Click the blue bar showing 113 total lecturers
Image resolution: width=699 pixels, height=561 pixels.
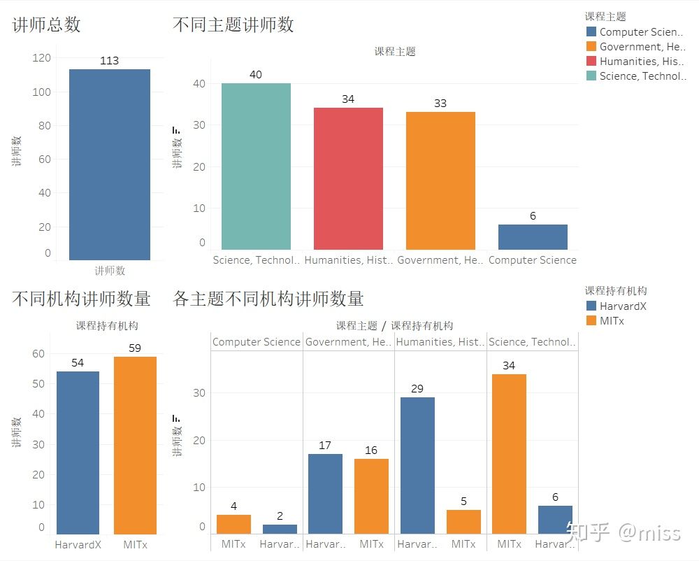click(109, 164)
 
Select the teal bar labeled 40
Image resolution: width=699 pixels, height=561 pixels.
click(256, 166)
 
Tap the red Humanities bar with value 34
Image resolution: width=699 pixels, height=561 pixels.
click(348, 178)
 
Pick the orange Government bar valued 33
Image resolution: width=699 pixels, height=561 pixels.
click(440, 180)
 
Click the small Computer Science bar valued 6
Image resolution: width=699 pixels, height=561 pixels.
click(533, 237)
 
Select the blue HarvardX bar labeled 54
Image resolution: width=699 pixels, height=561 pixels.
click(78, 452)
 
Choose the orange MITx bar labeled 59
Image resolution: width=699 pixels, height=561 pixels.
click(135, 445)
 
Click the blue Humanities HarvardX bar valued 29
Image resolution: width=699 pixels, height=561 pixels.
click(417, 465)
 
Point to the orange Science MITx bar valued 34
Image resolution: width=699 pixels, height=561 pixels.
click(509, 453)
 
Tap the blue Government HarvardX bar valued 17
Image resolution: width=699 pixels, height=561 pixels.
click(325, 493)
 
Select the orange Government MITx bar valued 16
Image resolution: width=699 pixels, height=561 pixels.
click(371, 496)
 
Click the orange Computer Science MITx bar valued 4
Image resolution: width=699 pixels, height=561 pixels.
click(233, 524)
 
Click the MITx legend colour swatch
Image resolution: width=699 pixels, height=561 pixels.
click(591, 320)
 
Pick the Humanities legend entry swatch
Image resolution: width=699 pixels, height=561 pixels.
click(591, 62)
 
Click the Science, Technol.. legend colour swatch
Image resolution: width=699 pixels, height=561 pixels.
click(591, 76)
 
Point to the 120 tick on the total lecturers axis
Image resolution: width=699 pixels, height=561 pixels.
click(42, 58)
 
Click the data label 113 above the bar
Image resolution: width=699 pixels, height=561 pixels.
click(109, 61)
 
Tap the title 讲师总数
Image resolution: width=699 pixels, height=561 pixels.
click(46, 24)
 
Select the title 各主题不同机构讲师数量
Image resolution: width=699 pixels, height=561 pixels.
click(268, 299)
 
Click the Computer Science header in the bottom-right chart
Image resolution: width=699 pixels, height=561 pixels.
click(256, 342)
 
